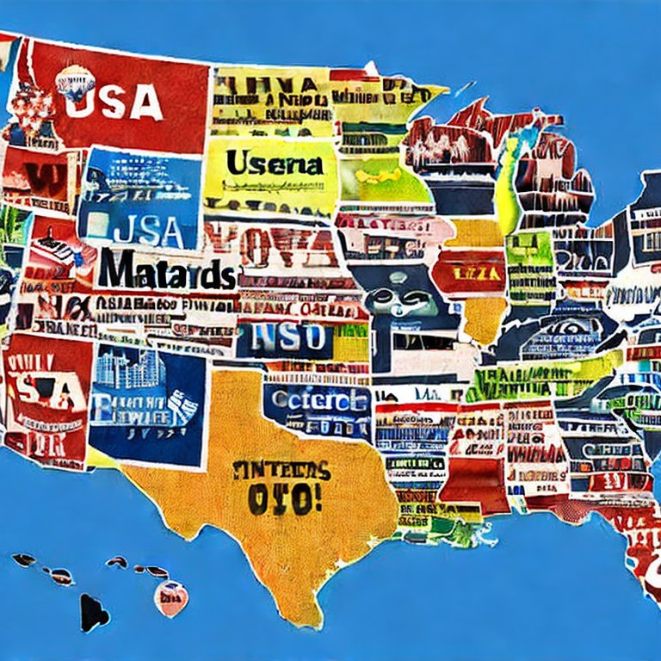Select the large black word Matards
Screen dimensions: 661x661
(x=165, y=271)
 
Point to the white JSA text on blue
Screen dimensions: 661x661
(x=147, y=231)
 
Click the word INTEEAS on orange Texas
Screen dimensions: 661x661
(x=281, y=471)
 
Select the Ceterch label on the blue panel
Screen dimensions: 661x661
(x=318, y=400)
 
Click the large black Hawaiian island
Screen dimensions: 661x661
(x=93, y=612)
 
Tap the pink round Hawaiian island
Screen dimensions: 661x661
(x=171, y=596)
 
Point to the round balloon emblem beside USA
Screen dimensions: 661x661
(x=74, y=83)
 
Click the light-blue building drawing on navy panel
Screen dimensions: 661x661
(x=126, y=370)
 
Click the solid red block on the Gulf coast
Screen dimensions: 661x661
(x=475, y=482)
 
